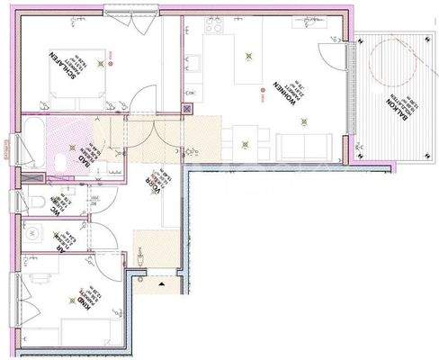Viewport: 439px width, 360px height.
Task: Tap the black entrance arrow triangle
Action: click(161, 283)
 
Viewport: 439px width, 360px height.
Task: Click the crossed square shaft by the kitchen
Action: click(188, 109)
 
